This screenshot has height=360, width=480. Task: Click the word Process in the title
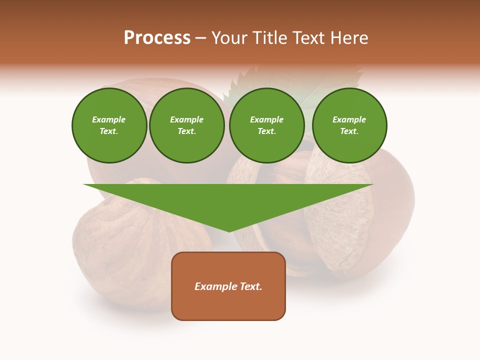(x=157, y=38)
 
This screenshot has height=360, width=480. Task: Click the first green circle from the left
(x=109, y=125)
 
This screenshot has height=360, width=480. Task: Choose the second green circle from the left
(x=187, y=125)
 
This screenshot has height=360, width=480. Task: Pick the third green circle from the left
(x=267, y=125)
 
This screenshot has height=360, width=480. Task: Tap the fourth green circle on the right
(x=349, y=125)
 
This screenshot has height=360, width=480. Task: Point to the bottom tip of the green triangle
(x=229, y=231)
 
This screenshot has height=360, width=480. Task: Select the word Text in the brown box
(x=251, y=286)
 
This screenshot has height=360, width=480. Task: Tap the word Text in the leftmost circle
(x=108, y=131)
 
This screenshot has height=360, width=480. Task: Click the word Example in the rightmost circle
(x=349, y=119)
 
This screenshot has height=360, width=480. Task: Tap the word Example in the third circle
(x=267, y=119)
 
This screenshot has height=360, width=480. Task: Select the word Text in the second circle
(x=186, y=131)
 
